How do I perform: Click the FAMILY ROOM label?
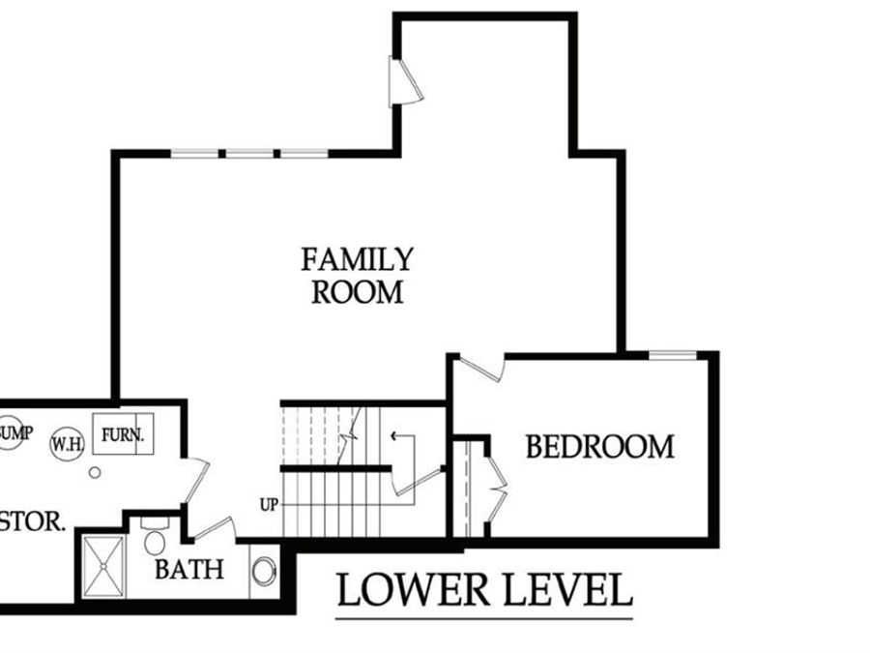pos(357,276)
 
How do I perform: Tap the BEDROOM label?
pos(599,447)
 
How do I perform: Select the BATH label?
pos(188,569)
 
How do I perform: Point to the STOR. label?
pos(33,523)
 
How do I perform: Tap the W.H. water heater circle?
pos(67,443)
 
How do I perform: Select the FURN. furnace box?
pos(122,434)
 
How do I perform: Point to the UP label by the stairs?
pos(270,504)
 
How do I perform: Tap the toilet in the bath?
pos(155,537)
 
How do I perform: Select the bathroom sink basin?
pos(263,571)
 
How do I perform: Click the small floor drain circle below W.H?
pos(95,473)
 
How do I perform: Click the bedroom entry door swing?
pos(483,368)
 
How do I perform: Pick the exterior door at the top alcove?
pos(403,81)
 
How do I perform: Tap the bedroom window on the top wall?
pos(672,356)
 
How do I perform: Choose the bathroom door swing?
pos(215,529)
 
